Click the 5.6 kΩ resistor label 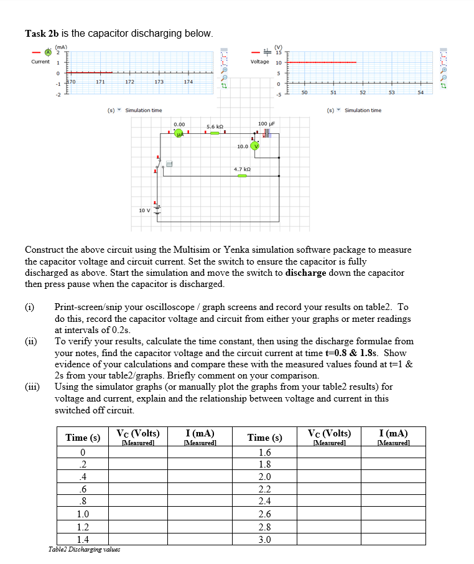pyautogui.click(x=215, y=126)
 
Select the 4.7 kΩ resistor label pyautogui.click(x=242, y=169)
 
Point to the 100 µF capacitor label pyautogui.click(x=266, y=124)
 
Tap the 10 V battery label pyautogui.click(x=143, y=210)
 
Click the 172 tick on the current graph pyautogui.click(x=129, y=82)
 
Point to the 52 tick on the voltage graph pyautogui.click(x=361, y=92)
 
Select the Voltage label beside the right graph pyautogui.click(x=259, y=62)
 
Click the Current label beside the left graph pyautogui.click(x=40, y=62)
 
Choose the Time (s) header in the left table pyautogui.click(x=83, y=438)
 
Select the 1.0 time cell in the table pyautogui.click(x=83, y=514)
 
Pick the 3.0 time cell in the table pyautogui.click(x=264, y=539)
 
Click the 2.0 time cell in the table pyautogui.click(x=264, y=477)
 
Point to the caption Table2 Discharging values pyautogui.click(x=84, y=549)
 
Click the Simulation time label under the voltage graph pyautogui.click(x=363, y=110)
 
